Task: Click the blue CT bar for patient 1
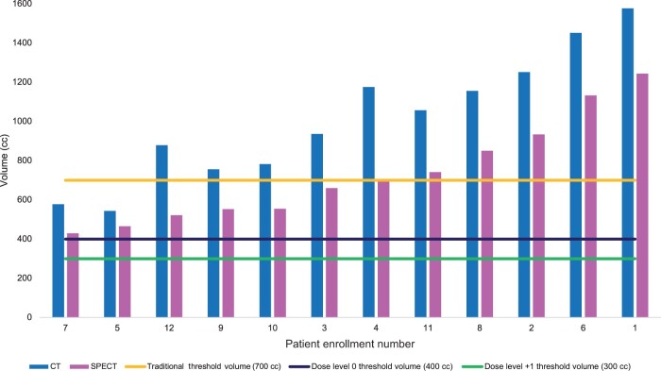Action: point(628,162)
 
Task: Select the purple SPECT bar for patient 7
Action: point(73,276)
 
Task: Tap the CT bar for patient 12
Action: point(161,231)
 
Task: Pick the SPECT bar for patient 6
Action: point(590,206)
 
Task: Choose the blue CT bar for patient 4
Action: point(368,202)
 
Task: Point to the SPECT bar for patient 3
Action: point(331,253)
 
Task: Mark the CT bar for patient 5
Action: point(110,264)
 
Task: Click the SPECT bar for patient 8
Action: point(487,234)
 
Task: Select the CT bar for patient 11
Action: point(420,213)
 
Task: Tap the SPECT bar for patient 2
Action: point(539,226)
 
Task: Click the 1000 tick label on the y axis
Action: point(22,122)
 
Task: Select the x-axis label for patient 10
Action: point(272,328)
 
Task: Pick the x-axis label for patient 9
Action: point(220,328)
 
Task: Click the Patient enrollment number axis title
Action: point(350,344)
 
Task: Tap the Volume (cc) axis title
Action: point(4,160)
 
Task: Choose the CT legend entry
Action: point(45,366)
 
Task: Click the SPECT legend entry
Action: point(93,366)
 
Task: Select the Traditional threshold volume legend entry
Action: point(203,366)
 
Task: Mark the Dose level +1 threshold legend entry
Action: point(547,366)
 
